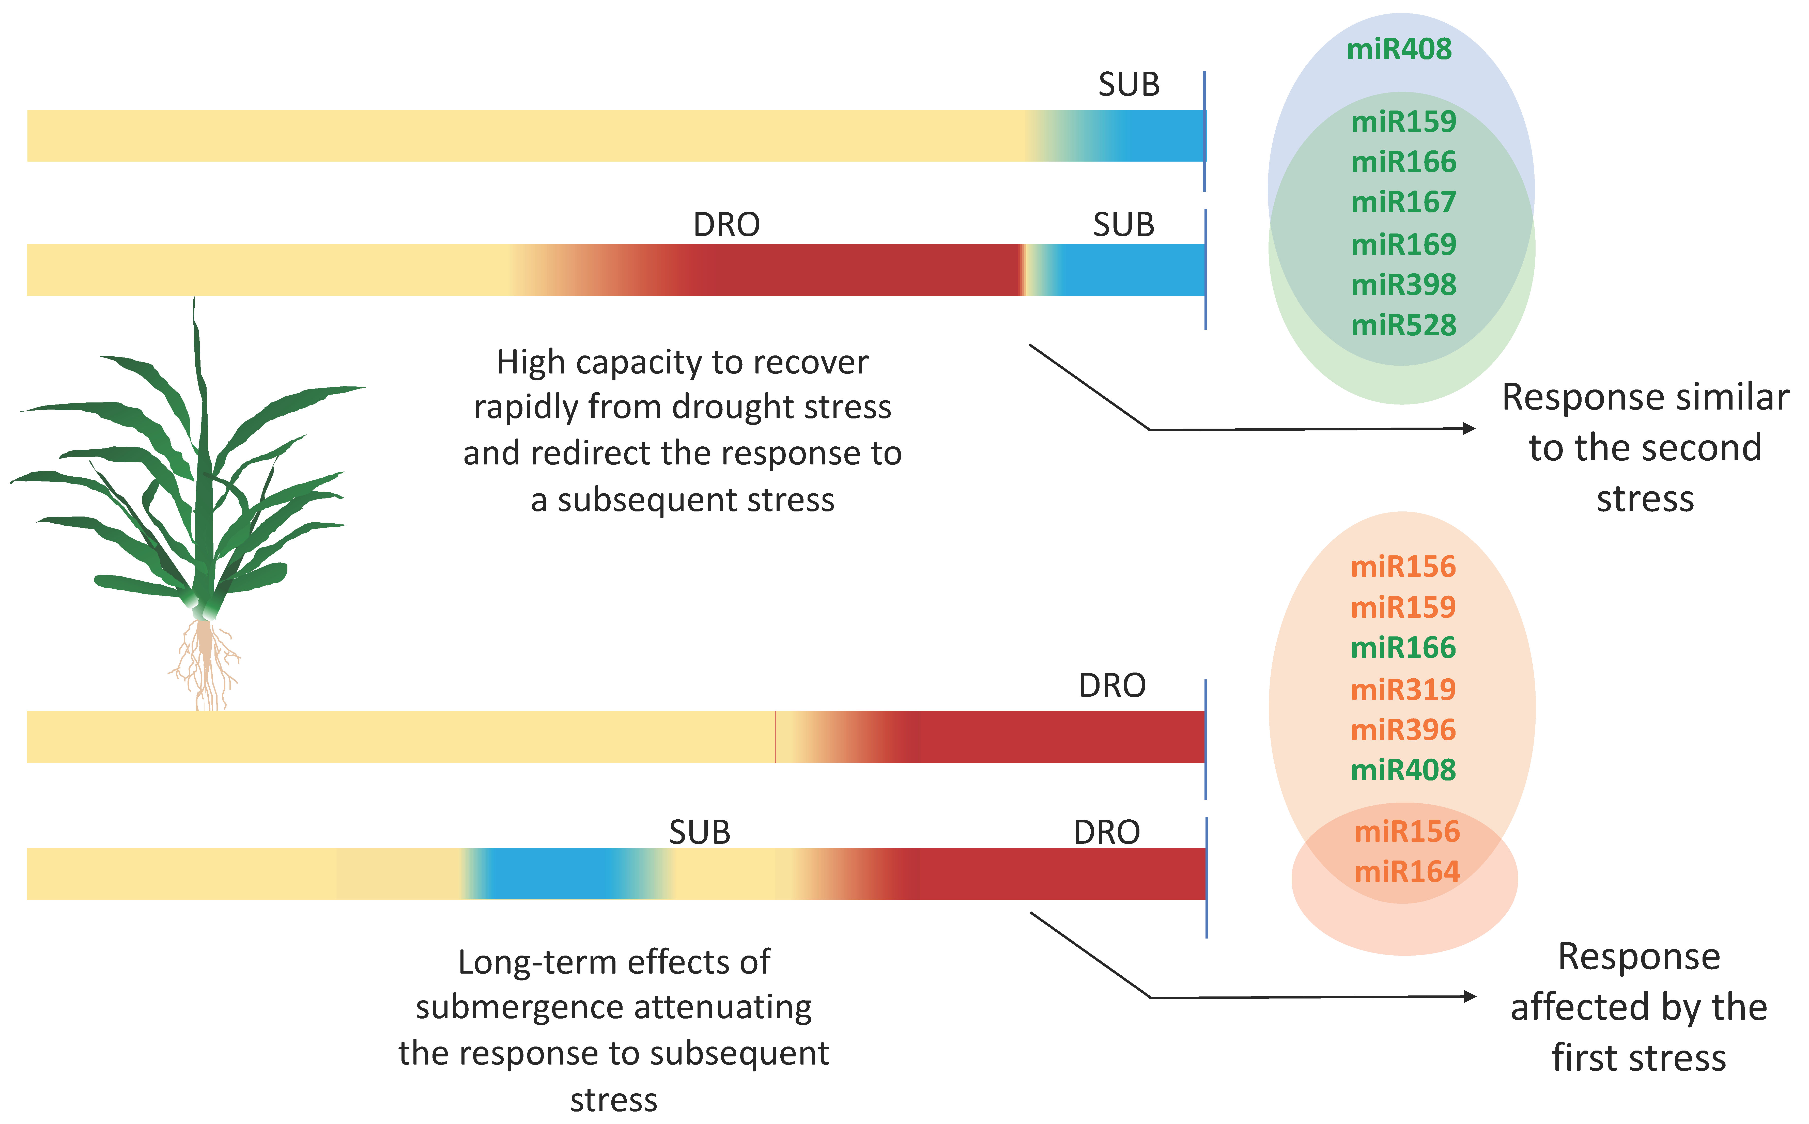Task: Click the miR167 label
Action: pos(1403,202)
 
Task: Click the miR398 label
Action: pos(1403,285)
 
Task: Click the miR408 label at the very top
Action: pos(1399,49)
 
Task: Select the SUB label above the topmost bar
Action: pos(1129,85)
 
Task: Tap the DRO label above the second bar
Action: pos(726,225)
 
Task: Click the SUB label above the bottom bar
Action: pos(700,833)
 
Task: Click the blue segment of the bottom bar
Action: pos(550,873)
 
